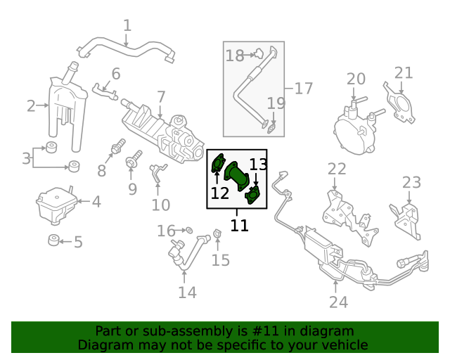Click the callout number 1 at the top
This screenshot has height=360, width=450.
click(127, 26)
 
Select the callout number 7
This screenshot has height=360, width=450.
click(160, 96)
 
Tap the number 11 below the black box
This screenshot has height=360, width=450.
click(240, 226)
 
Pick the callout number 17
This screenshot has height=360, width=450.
click(302, 89)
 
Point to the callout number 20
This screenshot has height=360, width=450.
click(356, 78)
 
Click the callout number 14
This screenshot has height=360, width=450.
click(187, 292)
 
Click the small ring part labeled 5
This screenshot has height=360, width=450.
click(53, 240)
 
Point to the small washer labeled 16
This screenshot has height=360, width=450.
click(188, 230)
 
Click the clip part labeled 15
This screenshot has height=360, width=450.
click(217, 233)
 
